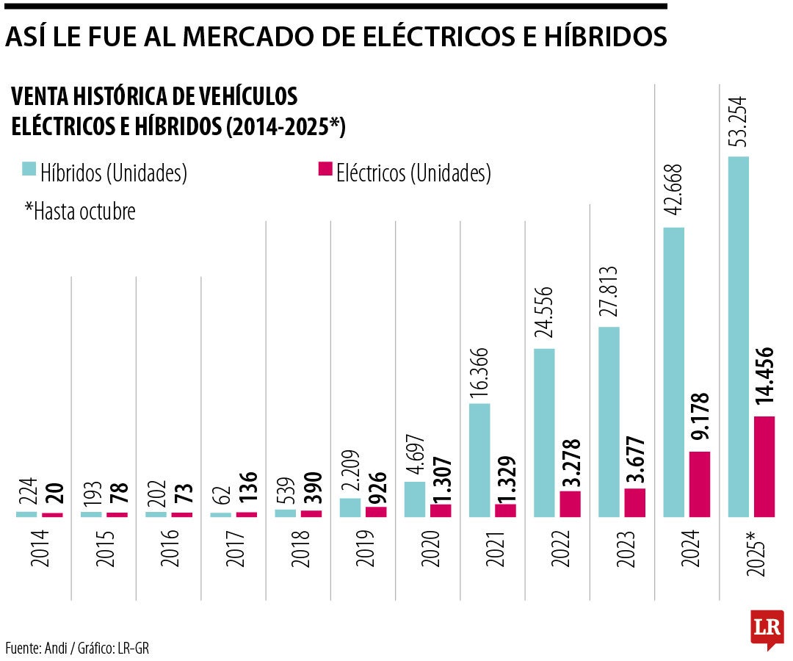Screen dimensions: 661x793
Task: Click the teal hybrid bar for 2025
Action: point(739,336)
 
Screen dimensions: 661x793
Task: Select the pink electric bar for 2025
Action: point(764,466)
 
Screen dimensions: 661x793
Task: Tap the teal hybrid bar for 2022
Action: point(544,433)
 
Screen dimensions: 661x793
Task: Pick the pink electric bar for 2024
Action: point(700,484)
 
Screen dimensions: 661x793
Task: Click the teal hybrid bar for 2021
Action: point(479,460)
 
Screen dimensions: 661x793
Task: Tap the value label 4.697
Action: point(415,455)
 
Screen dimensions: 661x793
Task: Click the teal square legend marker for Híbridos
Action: point(29,170)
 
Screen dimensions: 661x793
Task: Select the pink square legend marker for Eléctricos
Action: point(324,170)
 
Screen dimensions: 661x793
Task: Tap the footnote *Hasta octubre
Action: point(80,212)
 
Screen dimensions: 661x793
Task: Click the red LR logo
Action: point(767,629)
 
